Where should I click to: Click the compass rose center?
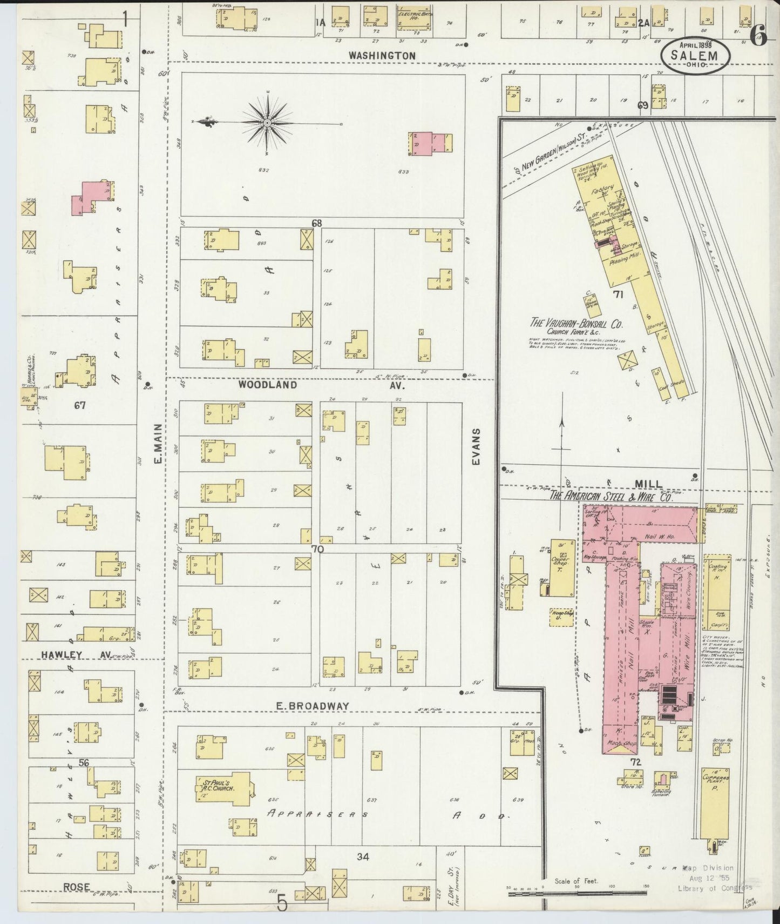(267, 124)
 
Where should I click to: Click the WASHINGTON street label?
(382, 56)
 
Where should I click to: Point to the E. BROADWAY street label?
(312, 706)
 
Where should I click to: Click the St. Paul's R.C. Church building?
(223, 785)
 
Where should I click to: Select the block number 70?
(316, 549)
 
